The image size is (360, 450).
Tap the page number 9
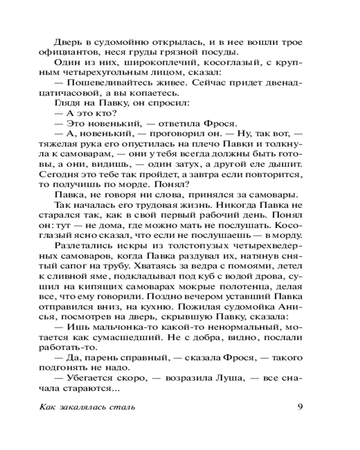(x=300, y=408)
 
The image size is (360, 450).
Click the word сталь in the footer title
(x=123, y=408)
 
